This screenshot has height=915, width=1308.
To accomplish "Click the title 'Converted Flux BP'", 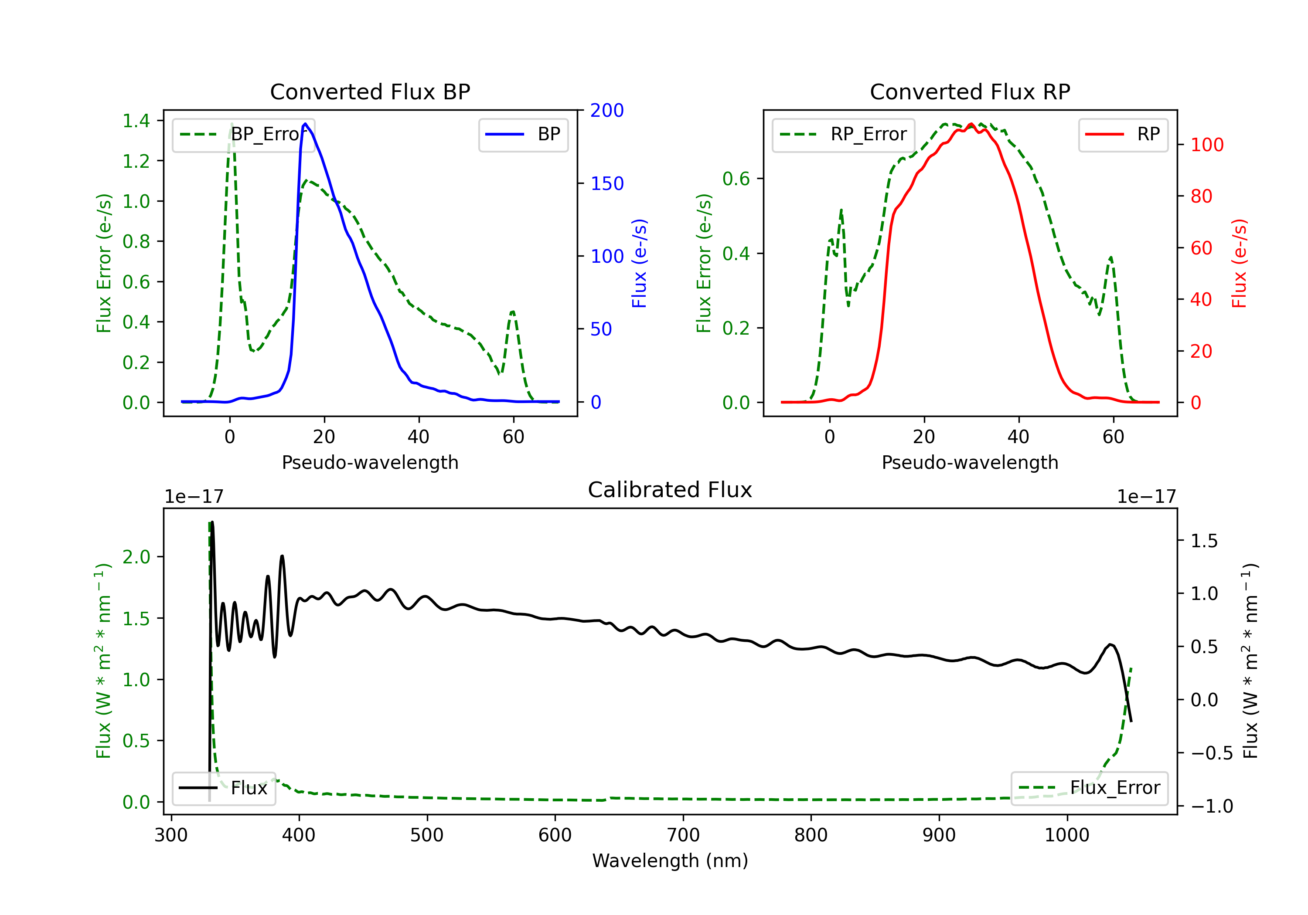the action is pos(370,91).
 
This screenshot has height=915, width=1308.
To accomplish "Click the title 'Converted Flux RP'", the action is pos(970,91).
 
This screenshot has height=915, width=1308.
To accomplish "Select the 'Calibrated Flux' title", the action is pos(670,490).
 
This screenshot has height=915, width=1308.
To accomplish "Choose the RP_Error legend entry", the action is pos(843,134).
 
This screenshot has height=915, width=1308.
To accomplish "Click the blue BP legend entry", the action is pos(523,134).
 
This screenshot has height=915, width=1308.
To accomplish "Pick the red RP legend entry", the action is pos(1123,134).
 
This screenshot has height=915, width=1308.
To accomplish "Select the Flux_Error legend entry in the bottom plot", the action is pos(1089,788).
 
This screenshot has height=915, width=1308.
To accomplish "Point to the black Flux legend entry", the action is pos(223,788).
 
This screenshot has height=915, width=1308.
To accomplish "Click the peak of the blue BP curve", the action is pos(305,124).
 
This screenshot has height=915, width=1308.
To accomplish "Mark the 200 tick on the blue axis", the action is pos(607,111).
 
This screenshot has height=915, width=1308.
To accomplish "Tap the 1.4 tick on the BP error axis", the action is pos(136,121).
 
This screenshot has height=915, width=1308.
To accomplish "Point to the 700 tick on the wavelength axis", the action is pos(683,835).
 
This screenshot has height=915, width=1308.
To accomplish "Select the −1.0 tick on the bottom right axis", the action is pos(1212,806).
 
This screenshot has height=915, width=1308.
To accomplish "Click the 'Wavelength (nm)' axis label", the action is pos(670,861).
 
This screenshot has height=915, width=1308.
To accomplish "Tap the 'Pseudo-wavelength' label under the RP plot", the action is pos(970,462).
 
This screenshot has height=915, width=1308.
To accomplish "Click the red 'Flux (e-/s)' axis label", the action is pos(1239,263).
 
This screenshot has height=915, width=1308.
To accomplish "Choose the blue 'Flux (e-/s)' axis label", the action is pos(639,263).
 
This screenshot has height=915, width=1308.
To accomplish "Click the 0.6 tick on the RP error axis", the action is pos(736,179).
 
